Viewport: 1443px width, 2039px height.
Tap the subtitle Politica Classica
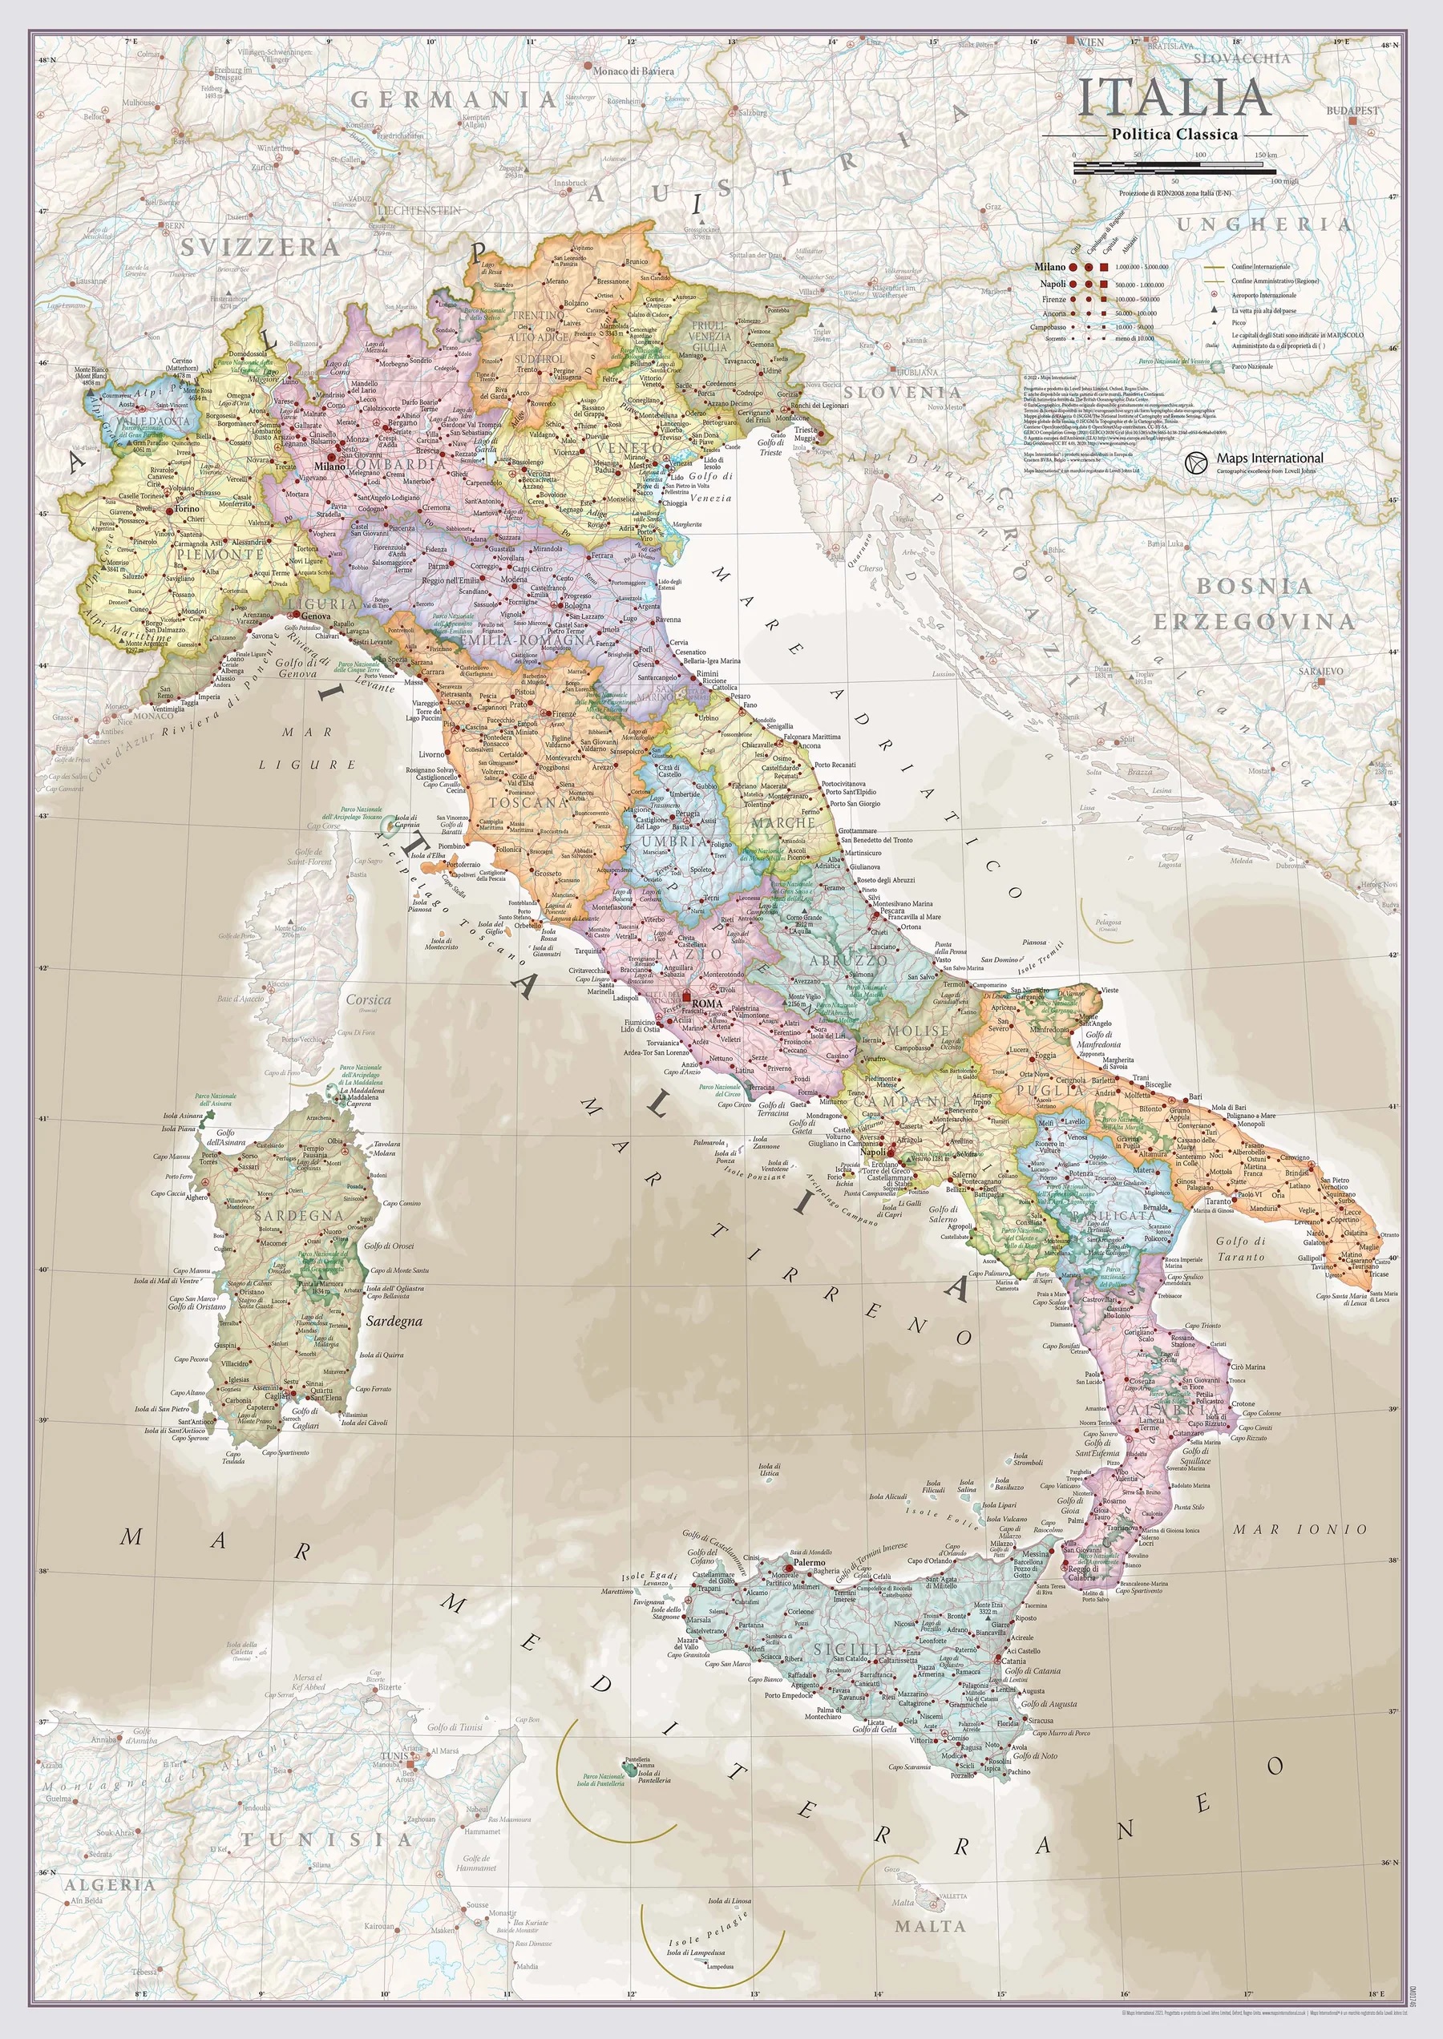(x=1174, y=134)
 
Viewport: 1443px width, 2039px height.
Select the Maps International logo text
(x=1270, y=458)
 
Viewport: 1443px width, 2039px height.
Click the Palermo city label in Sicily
(x=809, y=1561)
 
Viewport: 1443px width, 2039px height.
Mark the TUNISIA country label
(x=329, y=1839)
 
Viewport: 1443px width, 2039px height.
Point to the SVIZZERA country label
(x=260, y=247)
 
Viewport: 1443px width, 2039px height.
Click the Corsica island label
(x=368, y=999)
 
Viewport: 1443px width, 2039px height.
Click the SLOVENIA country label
(x=902, y=392)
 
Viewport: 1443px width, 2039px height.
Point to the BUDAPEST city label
(x=1353, y=110)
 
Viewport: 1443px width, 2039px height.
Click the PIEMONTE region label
(x=220, y=554)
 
